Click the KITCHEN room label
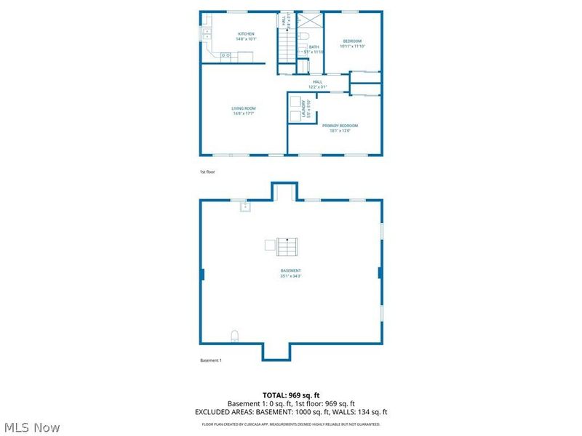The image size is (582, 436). tap(246, 34)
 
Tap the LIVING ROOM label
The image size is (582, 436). tap(244, 108)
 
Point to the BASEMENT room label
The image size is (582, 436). tap(290, 270)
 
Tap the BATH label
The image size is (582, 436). tap(314, 47)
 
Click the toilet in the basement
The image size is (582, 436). tap(234, 336)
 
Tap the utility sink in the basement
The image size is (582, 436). tap(245, 207)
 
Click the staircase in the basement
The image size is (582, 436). tap(282, 246)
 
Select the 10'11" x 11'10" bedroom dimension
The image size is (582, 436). tap(352, 47)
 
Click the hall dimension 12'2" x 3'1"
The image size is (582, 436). tap(317, 86)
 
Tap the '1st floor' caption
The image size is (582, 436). tap(207, 172)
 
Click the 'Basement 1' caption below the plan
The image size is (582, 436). tap(210, 360)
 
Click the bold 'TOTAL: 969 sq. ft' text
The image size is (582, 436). tap(290, 395)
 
